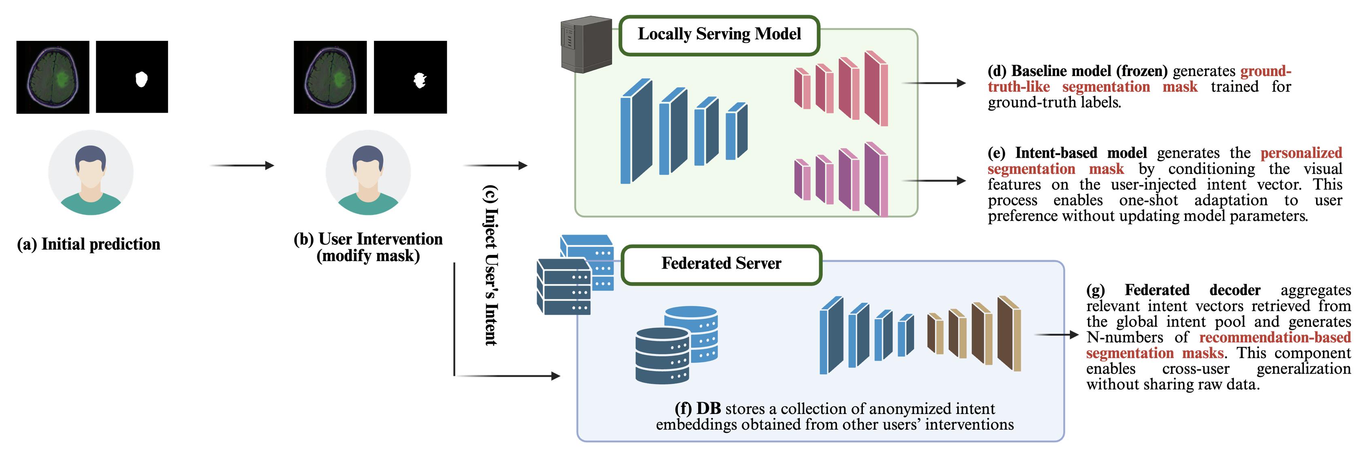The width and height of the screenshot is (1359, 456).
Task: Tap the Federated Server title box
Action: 721,263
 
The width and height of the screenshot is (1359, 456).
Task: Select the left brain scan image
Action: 53,77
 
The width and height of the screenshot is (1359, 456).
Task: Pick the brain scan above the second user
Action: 330,77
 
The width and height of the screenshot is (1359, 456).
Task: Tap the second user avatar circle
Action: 368,172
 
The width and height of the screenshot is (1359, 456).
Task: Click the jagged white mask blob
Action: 420,80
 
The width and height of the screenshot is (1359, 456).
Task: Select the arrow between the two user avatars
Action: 242,165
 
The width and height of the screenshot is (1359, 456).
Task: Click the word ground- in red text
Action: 1265,71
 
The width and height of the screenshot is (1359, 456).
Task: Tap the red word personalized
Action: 1301,153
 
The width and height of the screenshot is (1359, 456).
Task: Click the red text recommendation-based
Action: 1274,337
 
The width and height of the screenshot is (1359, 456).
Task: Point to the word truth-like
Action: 1018,87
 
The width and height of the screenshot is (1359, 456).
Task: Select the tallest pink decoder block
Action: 876,89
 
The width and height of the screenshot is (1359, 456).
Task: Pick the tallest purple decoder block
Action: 876,179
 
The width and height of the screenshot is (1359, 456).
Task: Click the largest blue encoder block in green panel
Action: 636,132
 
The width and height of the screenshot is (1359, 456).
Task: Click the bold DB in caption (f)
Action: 708,409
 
